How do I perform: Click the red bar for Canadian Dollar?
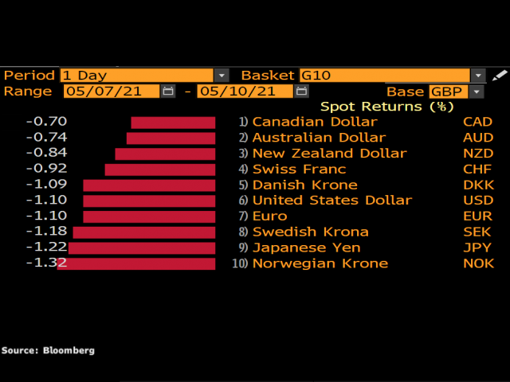[173, 122]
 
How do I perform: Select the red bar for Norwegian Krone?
[136, 263]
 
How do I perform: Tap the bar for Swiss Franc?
[159, 170]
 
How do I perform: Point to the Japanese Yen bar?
[142, 248]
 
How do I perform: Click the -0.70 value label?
[46, 122]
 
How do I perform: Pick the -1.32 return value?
[46, 263]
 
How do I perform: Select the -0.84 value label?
[46, 153]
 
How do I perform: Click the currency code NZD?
[478, 154]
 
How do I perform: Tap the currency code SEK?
[478, 232]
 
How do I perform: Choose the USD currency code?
[478, 201]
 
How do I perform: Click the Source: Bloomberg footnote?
[48, 350]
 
